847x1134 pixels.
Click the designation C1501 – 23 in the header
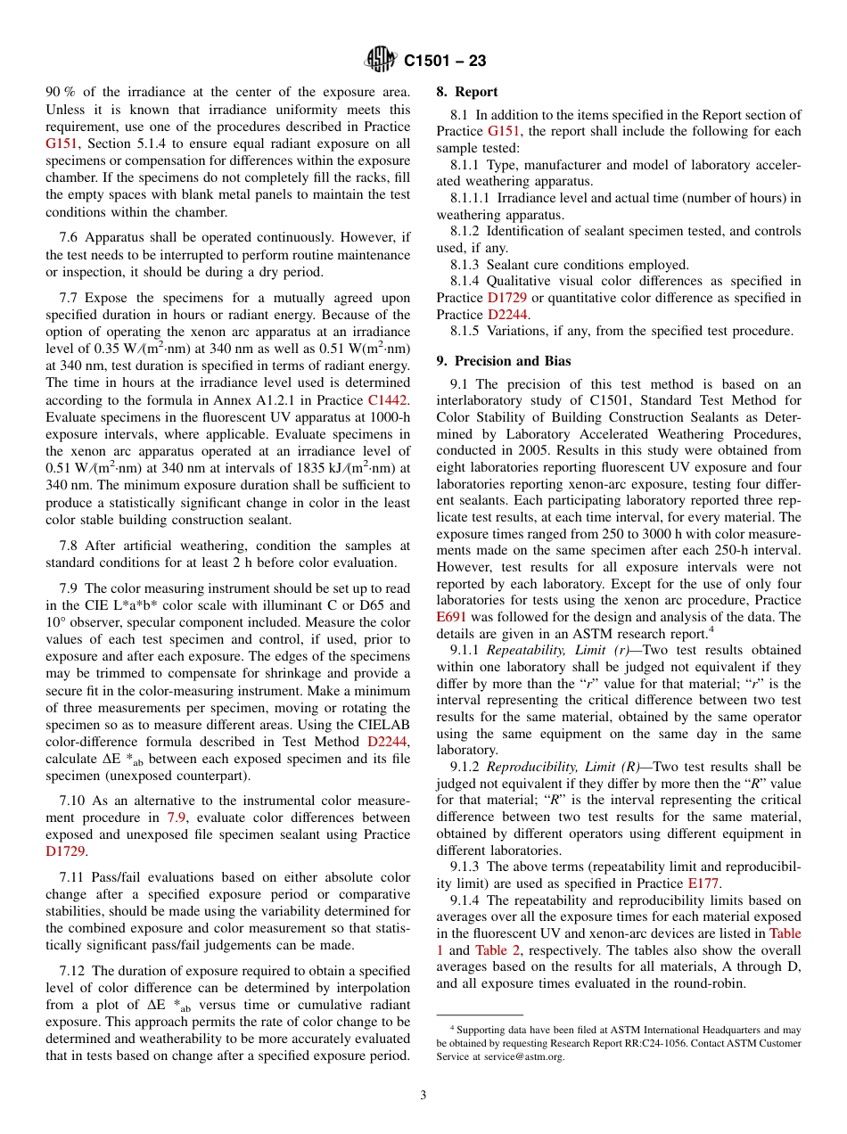coord(445,62)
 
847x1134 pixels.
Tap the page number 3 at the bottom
coord(423,1095)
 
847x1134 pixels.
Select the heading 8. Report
coord(467,92)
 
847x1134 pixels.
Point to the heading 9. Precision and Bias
coord(504,361)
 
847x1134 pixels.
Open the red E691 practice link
coord(451,617)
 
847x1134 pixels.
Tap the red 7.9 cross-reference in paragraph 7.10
coord(177,818)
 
